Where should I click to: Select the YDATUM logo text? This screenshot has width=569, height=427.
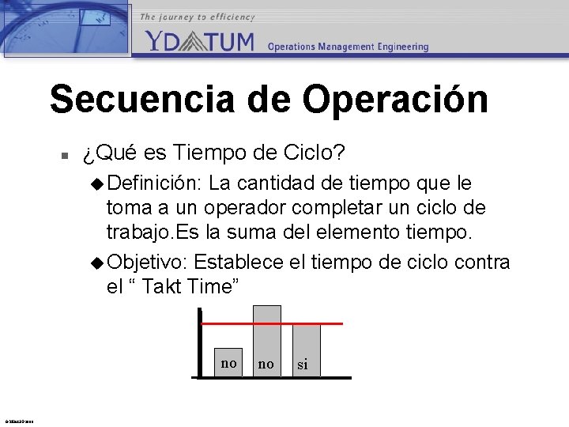tap(200, 41)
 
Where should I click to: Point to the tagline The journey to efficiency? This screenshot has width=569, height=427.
tap(198, 17)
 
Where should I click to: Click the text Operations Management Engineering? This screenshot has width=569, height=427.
tap(349, 47)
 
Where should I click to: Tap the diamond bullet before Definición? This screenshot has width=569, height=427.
tap(97, 184)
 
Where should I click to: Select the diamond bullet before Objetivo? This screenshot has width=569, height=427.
tap(97, 262)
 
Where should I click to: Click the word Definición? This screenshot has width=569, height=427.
tap(155, 184)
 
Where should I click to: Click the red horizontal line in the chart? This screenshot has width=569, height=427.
tap(316, 323)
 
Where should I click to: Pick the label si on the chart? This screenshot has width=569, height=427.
tap(303, 365)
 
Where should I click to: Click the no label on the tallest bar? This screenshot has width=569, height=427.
tap(266, 364)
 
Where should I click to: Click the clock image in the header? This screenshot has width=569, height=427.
tap(66, 28)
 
